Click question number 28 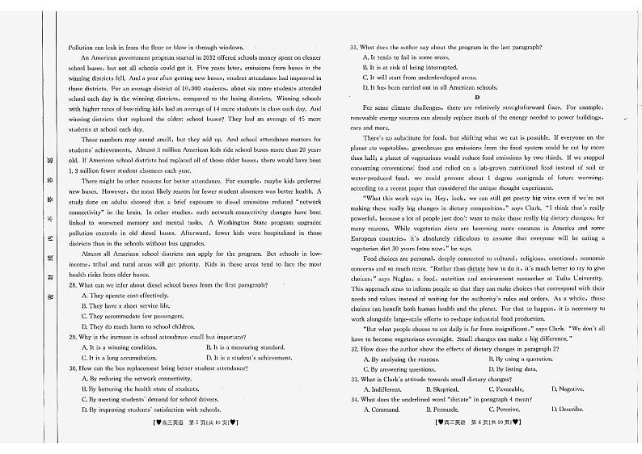tap(74, 285)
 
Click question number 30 tap(74, 368)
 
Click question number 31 tap(354, 48)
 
